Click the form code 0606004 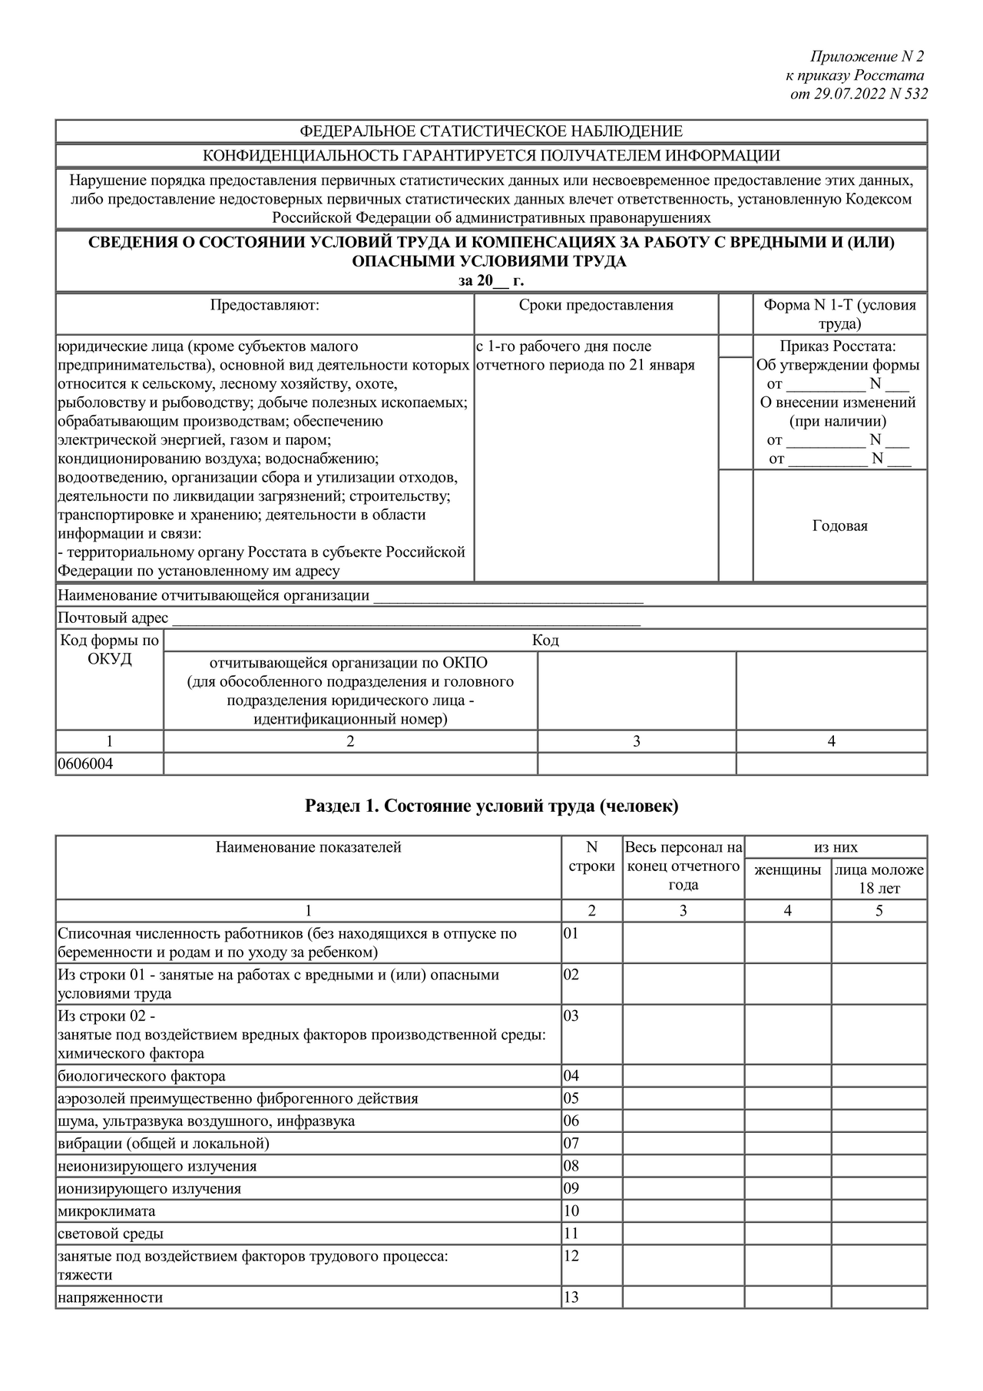[85, 764]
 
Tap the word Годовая [839, 526]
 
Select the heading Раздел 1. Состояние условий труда [491, 806]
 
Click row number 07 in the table [571, 1144]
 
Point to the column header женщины [787, 870]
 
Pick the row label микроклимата [107, 1211]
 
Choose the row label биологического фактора [142, 1076]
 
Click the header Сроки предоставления [596, 306]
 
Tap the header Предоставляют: [265, 306]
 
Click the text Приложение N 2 [867, 57]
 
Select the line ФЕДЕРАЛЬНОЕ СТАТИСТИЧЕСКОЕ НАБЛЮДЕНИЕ [491, 131]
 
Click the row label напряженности [111, 1298]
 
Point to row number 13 [571, 1298]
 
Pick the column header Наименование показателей [308, 848]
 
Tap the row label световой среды [111, 1234]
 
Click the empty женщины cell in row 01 [787, 943]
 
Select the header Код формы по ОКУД [109, 650]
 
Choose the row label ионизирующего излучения [150, 1189]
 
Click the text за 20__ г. [491, 281]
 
